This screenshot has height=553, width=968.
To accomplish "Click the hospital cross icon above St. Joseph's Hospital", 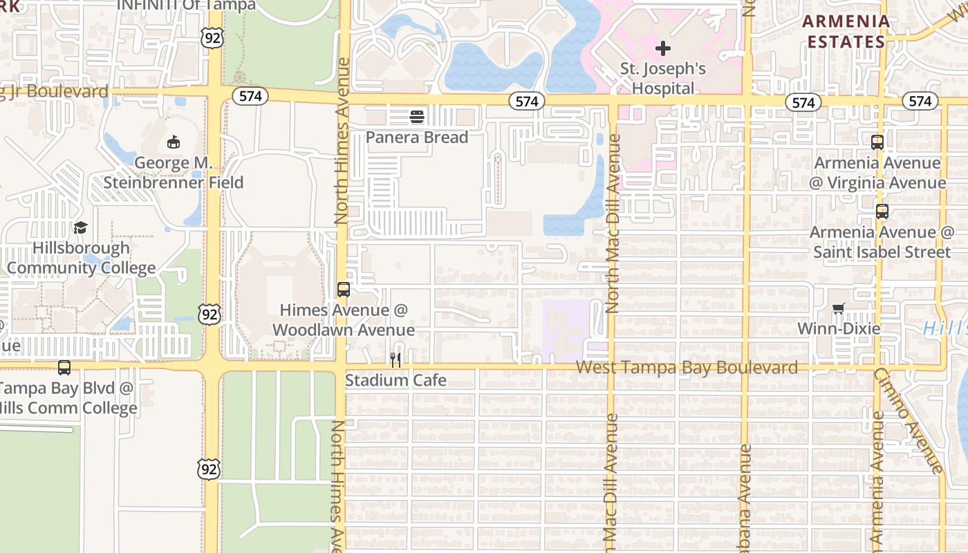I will click(663, 48).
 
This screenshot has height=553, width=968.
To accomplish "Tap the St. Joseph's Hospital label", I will click(663, 79).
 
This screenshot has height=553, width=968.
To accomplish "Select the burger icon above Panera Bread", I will click(416, 116).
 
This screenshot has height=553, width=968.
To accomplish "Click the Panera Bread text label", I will click(416, 137).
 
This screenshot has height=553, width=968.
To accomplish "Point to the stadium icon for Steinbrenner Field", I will click(173, 142).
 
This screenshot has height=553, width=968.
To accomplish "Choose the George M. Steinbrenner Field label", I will click(173, 173).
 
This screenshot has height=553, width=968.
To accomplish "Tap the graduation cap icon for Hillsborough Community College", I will click(81, 227).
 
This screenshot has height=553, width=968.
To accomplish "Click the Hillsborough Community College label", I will click(81, 258).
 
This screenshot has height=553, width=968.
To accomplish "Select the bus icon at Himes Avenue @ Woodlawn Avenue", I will click(344, 290).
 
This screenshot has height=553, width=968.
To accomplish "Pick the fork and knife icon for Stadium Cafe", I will click(395, 359).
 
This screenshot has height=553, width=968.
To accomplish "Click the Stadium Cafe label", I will click(395, 380).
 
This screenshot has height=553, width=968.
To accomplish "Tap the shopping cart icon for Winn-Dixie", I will click(838, 308).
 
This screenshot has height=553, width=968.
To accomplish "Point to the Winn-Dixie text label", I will click(839, 328).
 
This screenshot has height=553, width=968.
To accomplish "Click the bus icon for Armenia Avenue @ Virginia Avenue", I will click(877, 142).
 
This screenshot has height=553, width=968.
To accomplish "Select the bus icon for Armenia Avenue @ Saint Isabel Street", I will click(882, 212).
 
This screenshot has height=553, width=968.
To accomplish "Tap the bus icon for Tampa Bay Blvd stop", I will click(64, 368).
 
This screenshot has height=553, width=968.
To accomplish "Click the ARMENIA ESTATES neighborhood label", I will click(846, 31).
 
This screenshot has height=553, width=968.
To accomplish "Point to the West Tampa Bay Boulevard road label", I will click(687, 367).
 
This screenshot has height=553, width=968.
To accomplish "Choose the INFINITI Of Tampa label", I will click(187, 6).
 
